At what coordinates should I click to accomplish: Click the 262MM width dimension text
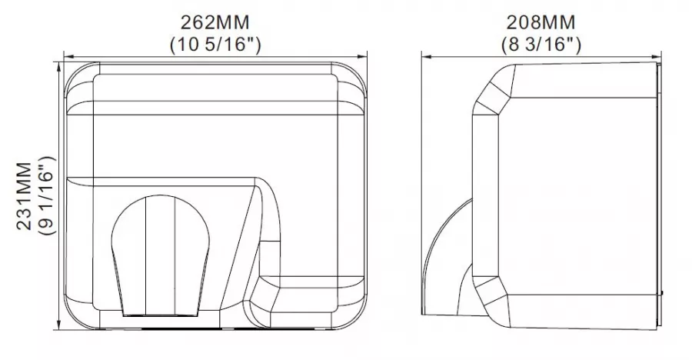tap(215, 22)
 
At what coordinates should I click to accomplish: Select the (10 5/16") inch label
tap(215, 45)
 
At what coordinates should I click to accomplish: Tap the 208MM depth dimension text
tap(541, 22)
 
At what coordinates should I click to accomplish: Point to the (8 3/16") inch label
tap(541, 45)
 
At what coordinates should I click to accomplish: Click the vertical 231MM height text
tap(25, 196)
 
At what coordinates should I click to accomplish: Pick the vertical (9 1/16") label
tap(47, 196)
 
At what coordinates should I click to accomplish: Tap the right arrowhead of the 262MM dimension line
tap(362, 57)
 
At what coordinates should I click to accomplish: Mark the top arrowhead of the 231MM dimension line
tap(59, 67)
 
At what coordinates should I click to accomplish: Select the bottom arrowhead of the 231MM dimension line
tap(59, 325)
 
